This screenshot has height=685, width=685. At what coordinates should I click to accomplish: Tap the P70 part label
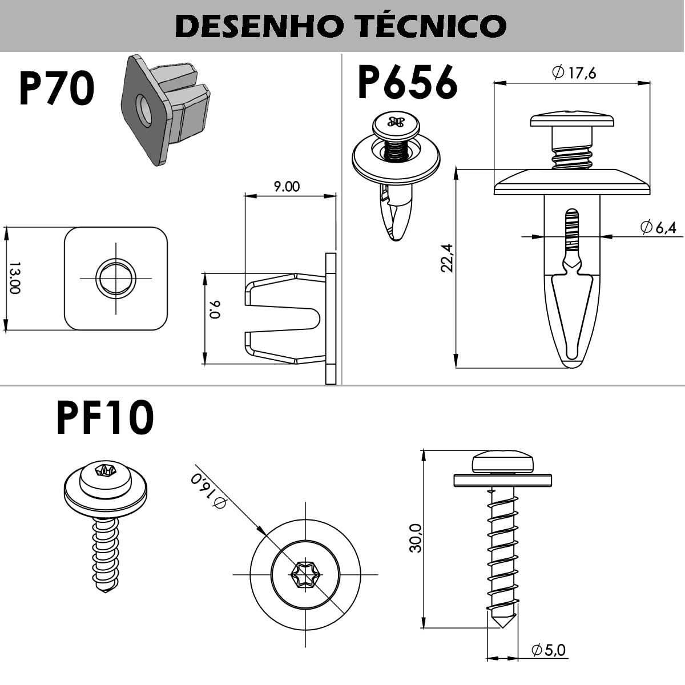click(x=57, y=90)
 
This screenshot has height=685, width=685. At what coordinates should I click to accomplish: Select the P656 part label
click(x=407, y=82)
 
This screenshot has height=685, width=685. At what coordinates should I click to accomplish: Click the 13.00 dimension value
click(x=15, y=279)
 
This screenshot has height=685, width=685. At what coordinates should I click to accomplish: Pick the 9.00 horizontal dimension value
click(x=287, y=187)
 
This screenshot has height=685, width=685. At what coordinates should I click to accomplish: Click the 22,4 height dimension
click(x=447, y=258)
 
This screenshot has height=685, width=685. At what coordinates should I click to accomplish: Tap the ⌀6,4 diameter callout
click(x=658, y=227)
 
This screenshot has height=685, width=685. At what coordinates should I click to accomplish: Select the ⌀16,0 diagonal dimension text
click(x=208, y=490)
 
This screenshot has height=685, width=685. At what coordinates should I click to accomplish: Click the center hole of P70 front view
click(x=116, y=279)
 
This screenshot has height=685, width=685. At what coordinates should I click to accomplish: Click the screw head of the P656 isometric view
click(x=396, y=124)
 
